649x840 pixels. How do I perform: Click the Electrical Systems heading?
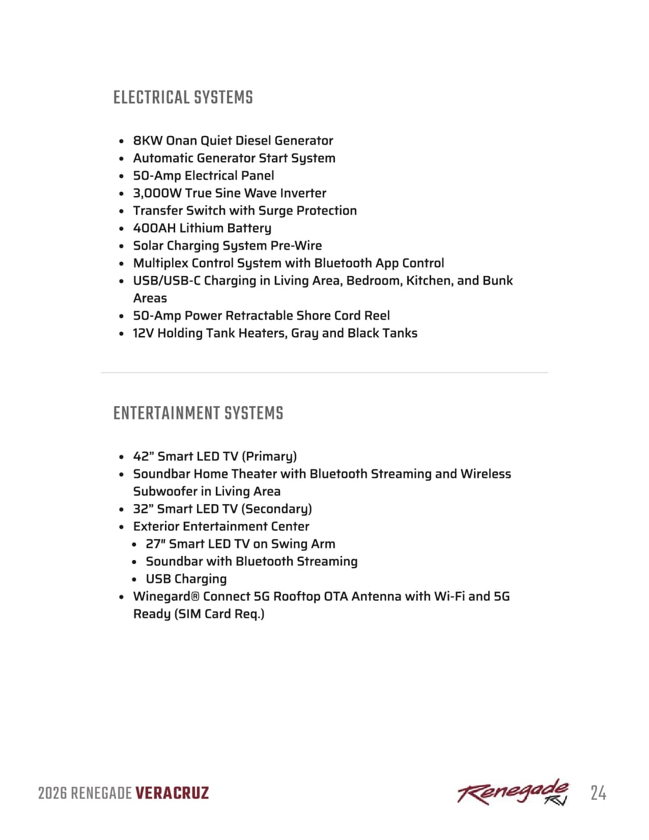tap(183, 97)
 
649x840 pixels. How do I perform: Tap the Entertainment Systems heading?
tap(198, 413)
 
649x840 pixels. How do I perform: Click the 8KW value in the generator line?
tap(148, 141)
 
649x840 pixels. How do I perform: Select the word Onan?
tap(181, 141)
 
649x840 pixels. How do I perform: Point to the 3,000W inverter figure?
tap(157, 193)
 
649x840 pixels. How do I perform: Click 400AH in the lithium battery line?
tap(154, 228)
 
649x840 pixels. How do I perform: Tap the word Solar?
tap(148, 246)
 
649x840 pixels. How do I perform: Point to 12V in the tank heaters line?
tap(143, 333)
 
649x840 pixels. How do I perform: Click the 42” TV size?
tap(143, 456)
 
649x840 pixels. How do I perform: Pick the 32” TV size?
tap(143, 509)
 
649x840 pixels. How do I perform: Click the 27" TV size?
tap(156, 544)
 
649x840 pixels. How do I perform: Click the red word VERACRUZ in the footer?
tap(172, 793)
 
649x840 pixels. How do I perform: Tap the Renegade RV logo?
tap(513, 792)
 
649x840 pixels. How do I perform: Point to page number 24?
tap(598, 793)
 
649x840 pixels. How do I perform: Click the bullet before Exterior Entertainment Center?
tap(121, 527)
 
